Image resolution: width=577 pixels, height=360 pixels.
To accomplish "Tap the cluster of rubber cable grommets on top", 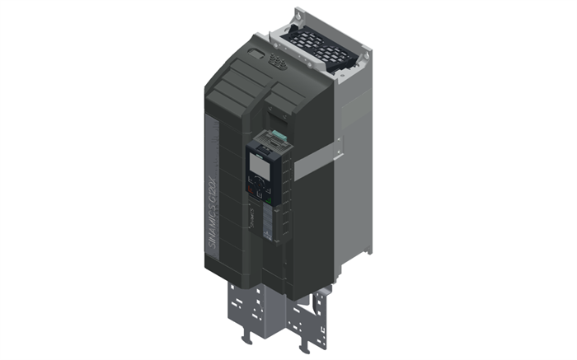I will coord(278,63).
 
